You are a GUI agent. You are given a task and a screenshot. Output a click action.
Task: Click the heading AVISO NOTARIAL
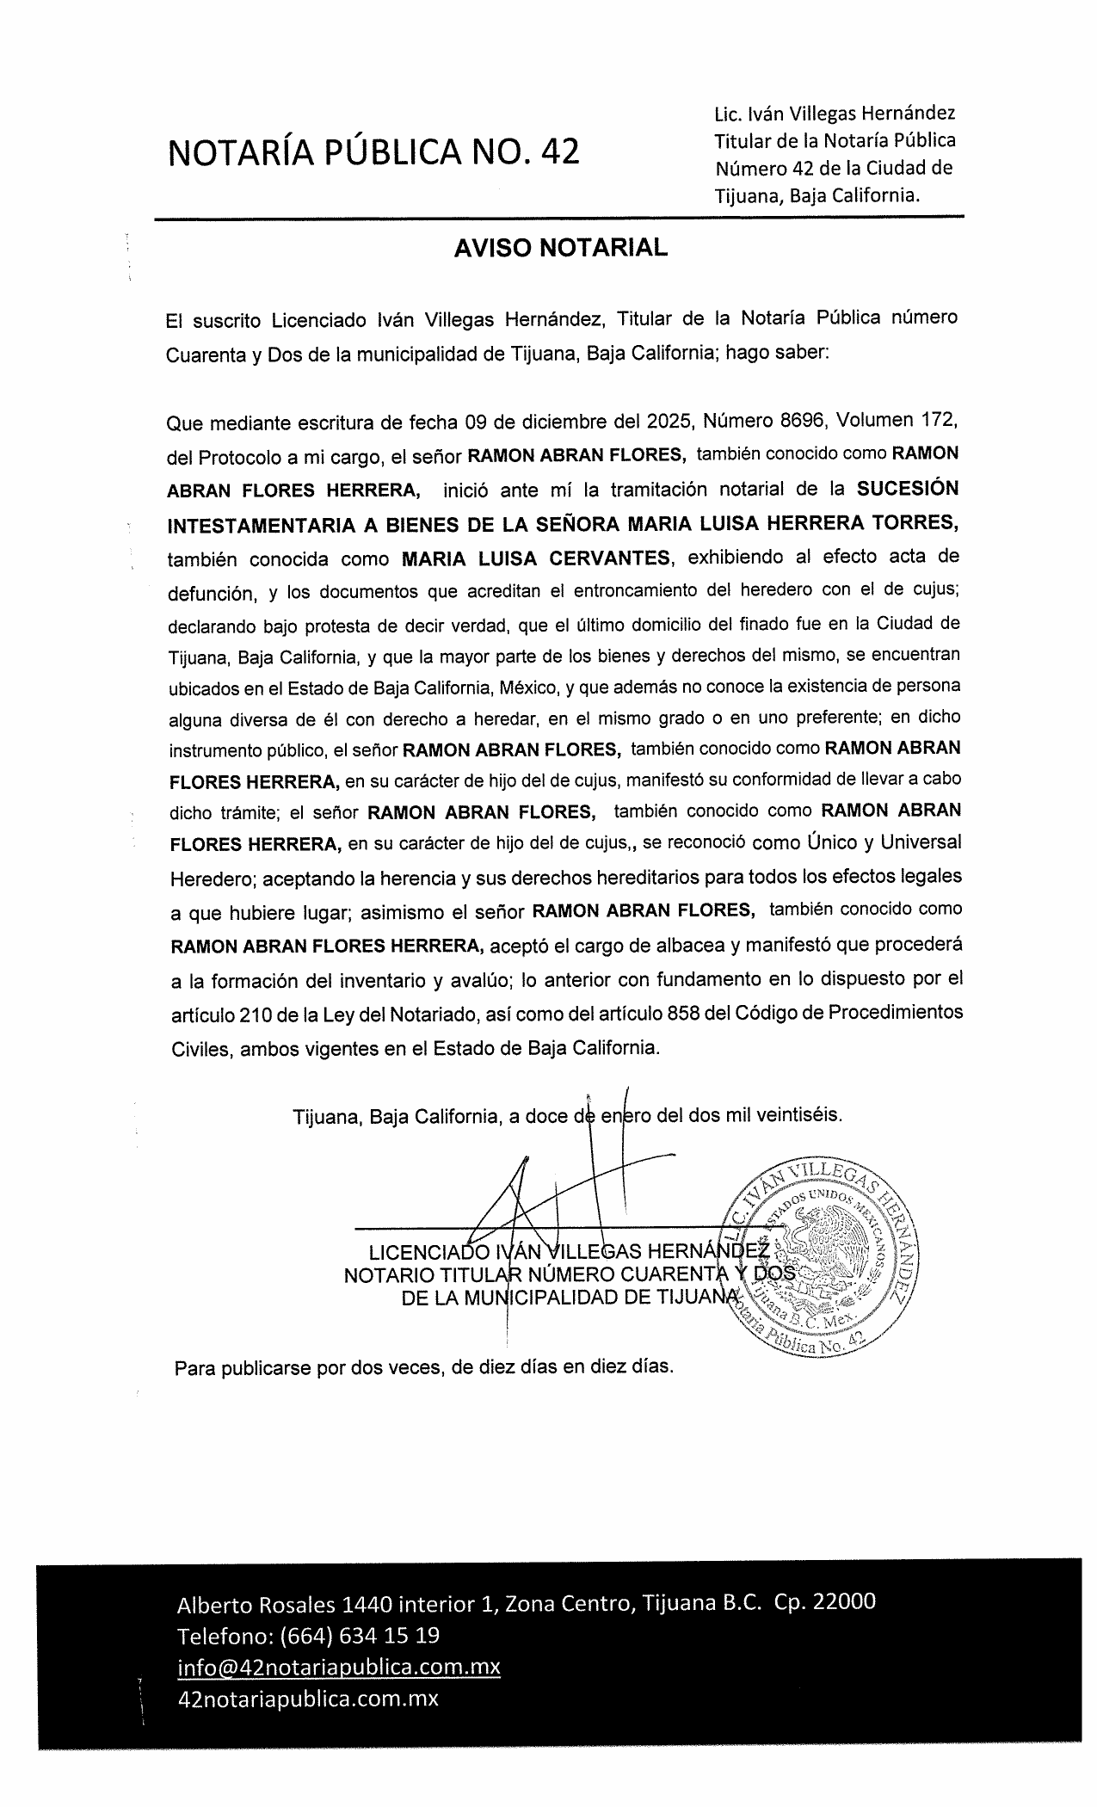pos(560,248)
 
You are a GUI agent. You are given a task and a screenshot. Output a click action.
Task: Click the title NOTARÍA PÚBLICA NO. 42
pos(374,151)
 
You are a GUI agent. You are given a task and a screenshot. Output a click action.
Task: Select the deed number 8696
pos(782,422)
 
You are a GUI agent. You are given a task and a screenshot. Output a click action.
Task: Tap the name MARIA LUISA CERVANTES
pos(536,558)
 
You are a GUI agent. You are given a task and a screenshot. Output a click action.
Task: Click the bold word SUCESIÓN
pos(908,489)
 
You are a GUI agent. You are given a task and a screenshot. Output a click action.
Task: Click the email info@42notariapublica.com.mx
pos(338,1667)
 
